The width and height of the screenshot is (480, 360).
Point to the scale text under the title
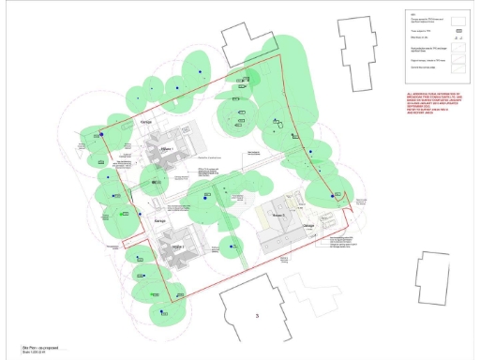[22, 352]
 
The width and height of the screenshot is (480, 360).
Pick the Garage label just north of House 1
[146, 123]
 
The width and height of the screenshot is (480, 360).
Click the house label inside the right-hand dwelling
[278, 216]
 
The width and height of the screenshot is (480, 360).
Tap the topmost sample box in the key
[458, 18]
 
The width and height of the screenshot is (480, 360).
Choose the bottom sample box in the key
[458, 67]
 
